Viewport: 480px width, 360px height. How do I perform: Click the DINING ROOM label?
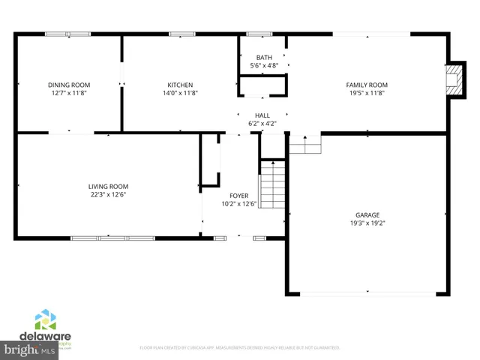click(x=68, y=85)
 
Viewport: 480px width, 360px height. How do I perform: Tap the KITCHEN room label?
click(x=180, y=85)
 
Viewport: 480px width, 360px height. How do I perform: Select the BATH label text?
click(x=264, y=58)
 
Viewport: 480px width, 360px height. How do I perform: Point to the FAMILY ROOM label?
click(x=366, y=85)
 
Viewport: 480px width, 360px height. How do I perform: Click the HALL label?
click(x=262, y=115)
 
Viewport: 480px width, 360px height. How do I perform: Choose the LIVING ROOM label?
click(x=108, y=187)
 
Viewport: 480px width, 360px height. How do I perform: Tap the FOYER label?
click(x=239, y=196)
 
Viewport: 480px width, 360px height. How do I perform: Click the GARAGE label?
click(x=367, y=214)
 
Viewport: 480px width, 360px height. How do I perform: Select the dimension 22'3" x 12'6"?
click(x=108, y=195)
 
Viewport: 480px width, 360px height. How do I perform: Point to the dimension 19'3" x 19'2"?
click(x=367, y=223)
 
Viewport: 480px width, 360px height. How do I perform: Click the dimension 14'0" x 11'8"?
click(x=180, y=93)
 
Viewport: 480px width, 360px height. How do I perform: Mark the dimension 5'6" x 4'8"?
click(x=264, y=66)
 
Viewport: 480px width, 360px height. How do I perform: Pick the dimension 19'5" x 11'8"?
click(x=366, y=93)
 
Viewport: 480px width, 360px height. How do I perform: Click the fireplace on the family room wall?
click(x=452, y=79)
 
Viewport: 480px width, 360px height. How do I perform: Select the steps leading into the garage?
click(x=304, y=143)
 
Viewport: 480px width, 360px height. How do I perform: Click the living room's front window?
click(x=111, y=238)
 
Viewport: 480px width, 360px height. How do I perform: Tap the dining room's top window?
click(x=67, y=33)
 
